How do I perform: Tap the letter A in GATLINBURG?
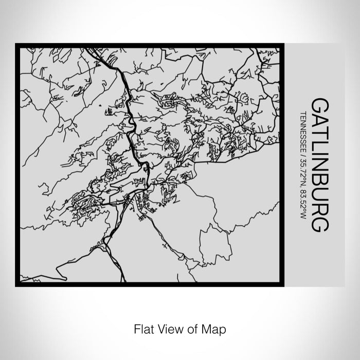(319, 121)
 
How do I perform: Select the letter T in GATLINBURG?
(319, 134)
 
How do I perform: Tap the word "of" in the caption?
(188, 328)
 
